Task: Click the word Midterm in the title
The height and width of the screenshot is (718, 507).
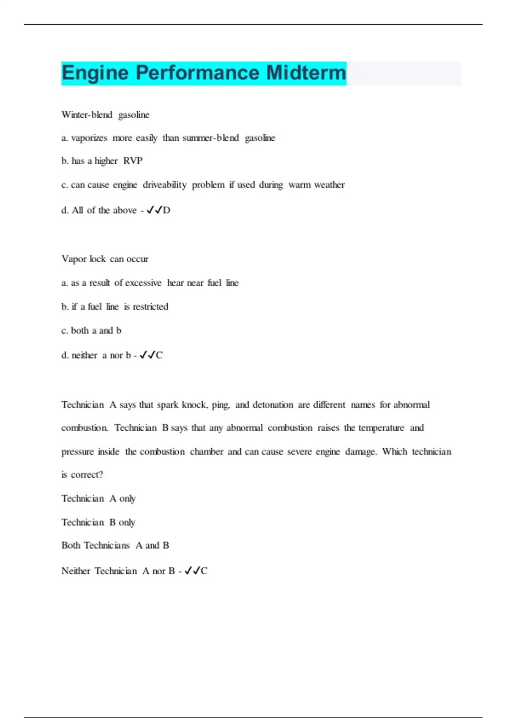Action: pos(306,73)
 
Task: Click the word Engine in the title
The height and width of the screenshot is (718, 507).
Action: pos(95,73)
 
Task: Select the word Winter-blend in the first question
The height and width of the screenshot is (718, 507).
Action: pos(87,115)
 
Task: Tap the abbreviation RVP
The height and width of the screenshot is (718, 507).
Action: pos(133,161)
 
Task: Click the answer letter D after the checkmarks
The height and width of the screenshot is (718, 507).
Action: pos(166,210)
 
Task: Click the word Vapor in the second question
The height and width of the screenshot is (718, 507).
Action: pos(73,259)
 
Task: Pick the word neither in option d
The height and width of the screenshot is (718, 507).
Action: pos(84,356)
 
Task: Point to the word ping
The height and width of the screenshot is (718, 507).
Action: pos(221,405)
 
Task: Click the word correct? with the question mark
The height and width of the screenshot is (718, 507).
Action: pos(87,475)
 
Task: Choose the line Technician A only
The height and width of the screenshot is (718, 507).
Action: pos(98,499)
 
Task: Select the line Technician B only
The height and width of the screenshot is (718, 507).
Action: pos(98,522)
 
